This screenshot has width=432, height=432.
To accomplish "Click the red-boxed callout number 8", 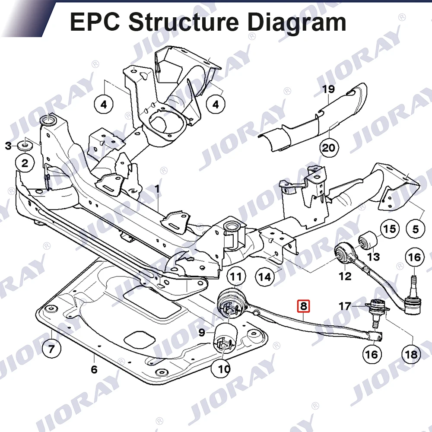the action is pyautogui.click(x=303, y=306).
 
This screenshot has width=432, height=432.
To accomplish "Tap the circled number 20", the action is pyautogui.click(x=328, y=148).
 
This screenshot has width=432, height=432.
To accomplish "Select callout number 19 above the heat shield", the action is pyautogui.click(x=328, y=89).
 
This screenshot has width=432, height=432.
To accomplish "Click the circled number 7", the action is pyautogui.click(x=51, y=349).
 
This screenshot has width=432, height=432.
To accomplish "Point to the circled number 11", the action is pyautogui.click(x=236, y=276).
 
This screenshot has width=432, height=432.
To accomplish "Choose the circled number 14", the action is pyautogui.click(x=265, y=276).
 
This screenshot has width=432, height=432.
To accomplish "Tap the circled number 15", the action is pyautogui.click(x=390, y=229).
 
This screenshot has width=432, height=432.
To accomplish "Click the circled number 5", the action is pyautogui.click(x=416, y=229).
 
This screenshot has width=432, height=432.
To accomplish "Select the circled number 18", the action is pyautogui.click(x=411, y=354).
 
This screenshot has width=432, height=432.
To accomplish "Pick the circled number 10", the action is pyautogui.click(x=224, y=368).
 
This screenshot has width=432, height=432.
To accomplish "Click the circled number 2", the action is pyautogui.click(x=25, y=163).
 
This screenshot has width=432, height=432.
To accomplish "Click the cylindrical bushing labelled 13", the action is pyautogui.click(x=368, y=240).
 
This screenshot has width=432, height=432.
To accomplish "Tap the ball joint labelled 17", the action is pyautogui.click(x=377, y=309).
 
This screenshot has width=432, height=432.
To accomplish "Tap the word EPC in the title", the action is pyautogui.click(x=95, y=22).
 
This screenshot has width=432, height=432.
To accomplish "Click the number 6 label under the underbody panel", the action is pyautogui.click(x=94, y=369).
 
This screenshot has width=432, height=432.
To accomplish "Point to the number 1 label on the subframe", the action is pyautogui.click(x=157, y=189).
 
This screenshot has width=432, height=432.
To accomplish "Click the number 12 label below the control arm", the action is pyautogui.click(x=345, y=276).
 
